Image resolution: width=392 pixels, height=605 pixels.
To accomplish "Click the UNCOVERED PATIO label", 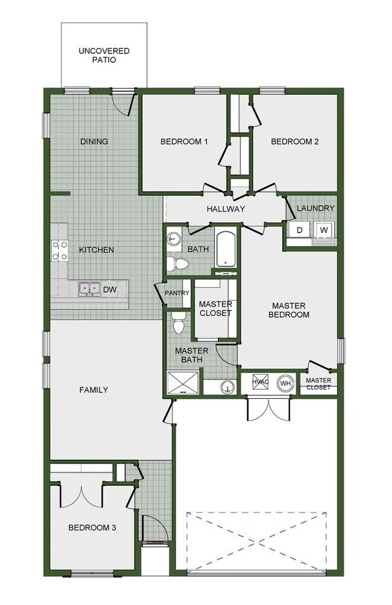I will (104, 55).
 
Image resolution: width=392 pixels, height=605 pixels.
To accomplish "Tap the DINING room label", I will (94, 142).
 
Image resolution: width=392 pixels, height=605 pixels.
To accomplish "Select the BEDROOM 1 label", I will (184, 142).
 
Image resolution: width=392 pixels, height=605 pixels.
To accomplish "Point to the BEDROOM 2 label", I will (294, 142).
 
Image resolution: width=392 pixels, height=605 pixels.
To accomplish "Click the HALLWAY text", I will (226, 209).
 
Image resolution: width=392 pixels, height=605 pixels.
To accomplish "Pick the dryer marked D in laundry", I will (299, 230).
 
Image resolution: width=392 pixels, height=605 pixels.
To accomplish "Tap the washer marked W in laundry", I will (324, 230).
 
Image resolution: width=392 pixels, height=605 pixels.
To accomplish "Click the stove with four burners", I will (59, 250).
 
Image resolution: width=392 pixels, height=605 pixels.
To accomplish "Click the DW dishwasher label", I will (109, 290).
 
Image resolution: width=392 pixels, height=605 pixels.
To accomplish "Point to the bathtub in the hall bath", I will (226, 248).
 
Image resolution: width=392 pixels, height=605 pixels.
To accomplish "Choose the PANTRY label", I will (177, 293).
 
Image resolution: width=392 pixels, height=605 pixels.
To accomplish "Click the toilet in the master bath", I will (179, 325).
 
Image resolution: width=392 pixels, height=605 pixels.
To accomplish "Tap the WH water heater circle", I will (285, 383).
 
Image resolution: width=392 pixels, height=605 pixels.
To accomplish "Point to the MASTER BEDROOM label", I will (290, 310).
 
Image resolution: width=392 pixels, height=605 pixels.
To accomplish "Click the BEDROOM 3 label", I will (92, 528).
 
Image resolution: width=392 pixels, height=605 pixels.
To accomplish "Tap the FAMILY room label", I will (94, 390).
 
